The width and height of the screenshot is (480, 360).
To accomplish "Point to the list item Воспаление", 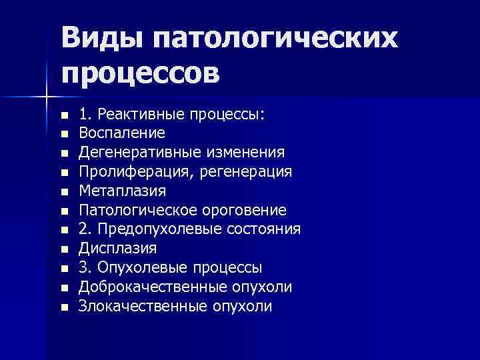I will (x=117, y=133).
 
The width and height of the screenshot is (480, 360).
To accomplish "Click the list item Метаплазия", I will (x=122, y=191).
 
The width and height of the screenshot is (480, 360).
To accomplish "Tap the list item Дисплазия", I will (x=117, y=249).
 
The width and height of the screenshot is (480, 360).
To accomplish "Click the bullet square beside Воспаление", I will (x=64, y=134).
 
